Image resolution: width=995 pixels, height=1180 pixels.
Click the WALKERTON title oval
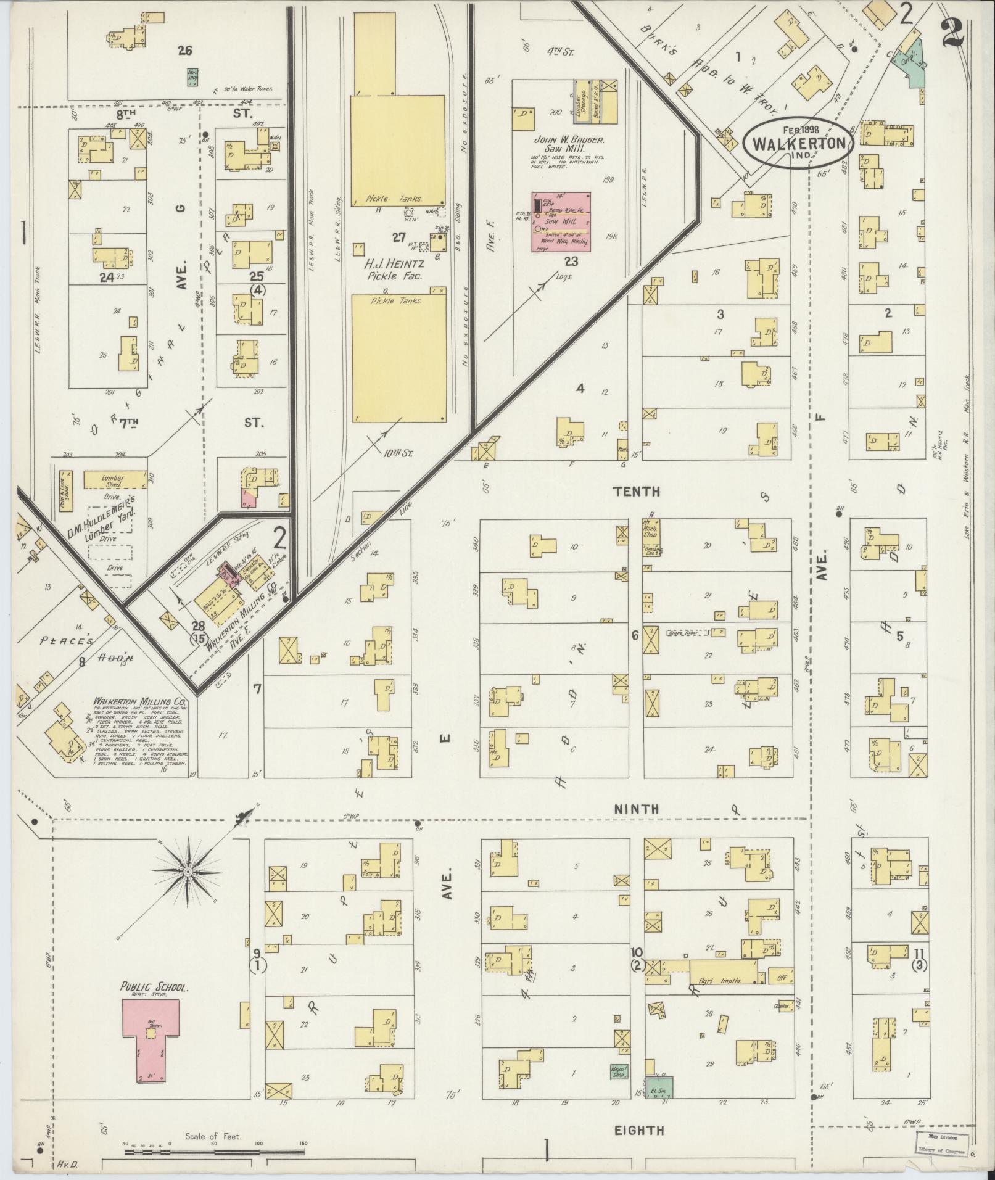pyautogui.click(x=799, y=143)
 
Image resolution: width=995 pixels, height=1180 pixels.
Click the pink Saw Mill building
pyautogui.click(x=561, y=221)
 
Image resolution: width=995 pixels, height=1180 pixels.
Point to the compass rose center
pyautogui.click(x=187, y=872)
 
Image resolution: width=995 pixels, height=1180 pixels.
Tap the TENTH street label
pyautogui.click(x=637, y=492)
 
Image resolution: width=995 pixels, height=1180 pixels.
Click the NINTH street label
pyautogui.click(x=637, y=809)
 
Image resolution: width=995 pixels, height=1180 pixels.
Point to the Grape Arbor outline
pyautogui.click(x=688, y=632)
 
